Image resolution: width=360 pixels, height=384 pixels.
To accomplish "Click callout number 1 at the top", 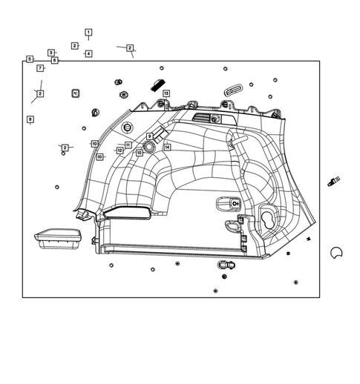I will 88,33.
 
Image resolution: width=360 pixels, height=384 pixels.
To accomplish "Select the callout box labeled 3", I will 51,53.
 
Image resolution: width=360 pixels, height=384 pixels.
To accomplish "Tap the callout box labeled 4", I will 88,53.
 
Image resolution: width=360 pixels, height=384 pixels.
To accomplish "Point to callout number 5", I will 30,59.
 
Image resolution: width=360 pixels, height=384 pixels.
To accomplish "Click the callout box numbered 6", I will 55,59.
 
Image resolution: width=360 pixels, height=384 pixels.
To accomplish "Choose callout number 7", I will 41,68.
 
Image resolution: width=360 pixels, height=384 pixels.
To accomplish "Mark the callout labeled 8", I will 30,119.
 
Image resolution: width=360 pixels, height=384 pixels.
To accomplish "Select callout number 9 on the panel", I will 149,136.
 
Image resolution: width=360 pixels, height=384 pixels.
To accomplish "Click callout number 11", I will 128,145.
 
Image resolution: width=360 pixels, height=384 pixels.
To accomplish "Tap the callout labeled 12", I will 120,150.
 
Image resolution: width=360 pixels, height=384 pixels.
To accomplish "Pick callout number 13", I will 166,93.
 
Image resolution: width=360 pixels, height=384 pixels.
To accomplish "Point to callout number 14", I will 168,148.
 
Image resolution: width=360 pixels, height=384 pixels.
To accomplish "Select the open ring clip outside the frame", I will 336,253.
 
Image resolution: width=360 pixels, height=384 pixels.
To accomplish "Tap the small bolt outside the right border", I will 333,181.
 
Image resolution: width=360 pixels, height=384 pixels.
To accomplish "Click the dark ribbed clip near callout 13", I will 157,83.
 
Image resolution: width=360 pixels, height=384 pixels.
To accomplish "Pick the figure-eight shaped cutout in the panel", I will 266,219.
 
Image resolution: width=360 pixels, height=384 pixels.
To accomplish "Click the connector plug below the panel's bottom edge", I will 226,264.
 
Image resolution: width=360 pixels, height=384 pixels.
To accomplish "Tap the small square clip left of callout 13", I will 76,93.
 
